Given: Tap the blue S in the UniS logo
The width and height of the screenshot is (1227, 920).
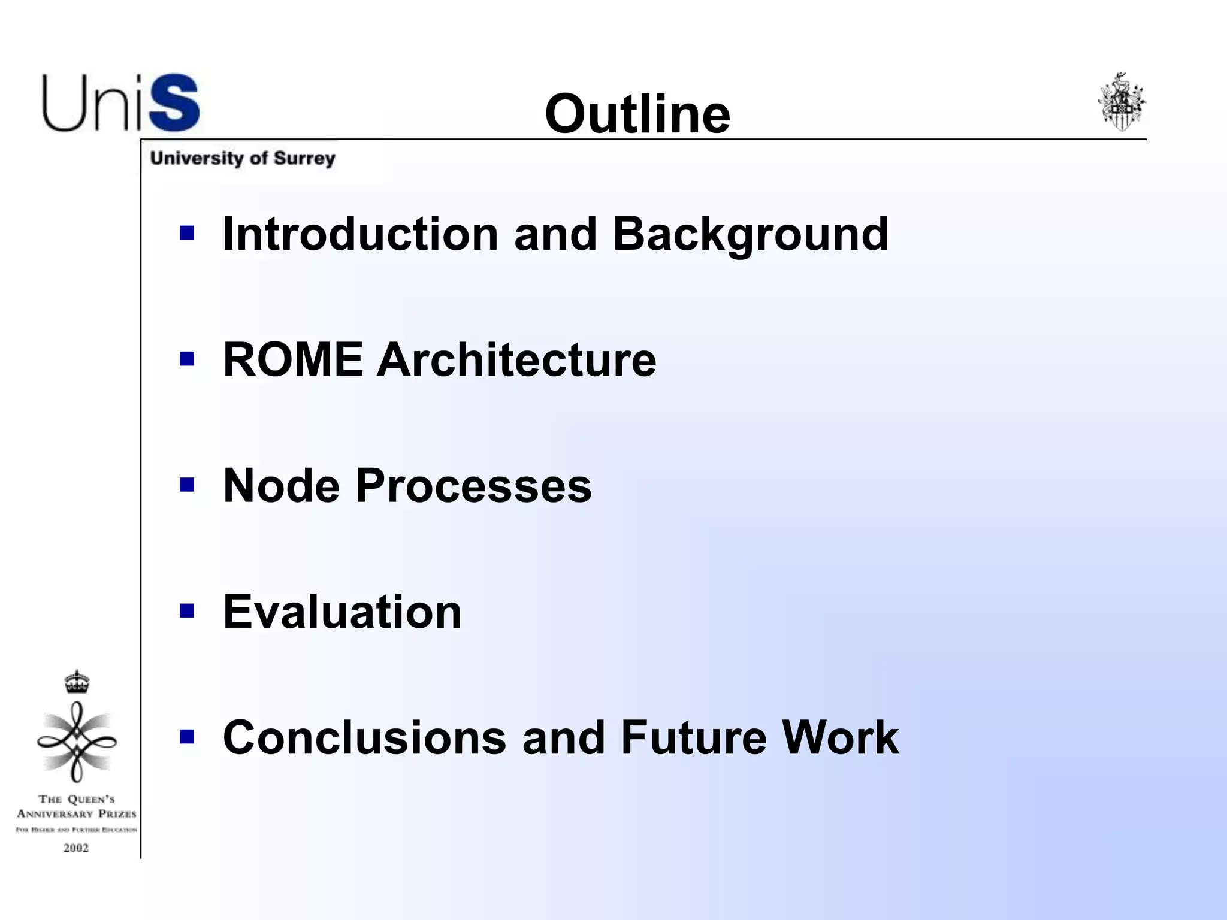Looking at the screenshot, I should [x=174, y=103].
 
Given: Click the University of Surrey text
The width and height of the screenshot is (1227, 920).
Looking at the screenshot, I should [x=243, y=158].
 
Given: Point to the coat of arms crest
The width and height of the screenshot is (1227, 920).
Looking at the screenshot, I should [x=1121, y=102].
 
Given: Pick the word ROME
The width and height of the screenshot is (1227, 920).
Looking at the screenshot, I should [x=293, y=359].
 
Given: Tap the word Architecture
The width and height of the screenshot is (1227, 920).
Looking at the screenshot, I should [x=516, y=359].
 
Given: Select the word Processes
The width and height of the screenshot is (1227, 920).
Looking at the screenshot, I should [x=473, y=485].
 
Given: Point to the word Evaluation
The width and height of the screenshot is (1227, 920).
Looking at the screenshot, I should [x=342, y=612].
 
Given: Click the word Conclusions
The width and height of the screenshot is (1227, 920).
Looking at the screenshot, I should [x=364, y=737].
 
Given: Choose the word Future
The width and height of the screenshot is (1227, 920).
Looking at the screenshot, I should [x=694, y=737].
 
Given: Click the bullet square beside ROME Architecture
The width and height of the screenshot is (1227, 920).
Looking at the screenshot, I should [x=187, y=359].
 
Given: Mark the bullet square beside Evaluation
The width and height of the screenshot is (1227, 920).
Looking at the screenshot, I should [x=187, y=610].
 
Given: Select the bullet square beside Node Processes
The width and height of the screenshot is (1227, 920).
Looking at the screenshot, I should [x=187, y=484].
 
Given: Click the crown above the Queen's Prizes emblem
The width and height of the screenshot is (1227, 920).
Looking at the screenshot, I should [x=77, y=682].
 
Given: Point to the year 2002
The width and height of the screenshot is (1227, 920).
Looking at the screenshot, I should [x=76, y=848].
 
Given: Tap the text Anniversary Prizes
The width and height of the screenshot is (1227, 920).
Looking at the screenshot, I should [x=77, y=813].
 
